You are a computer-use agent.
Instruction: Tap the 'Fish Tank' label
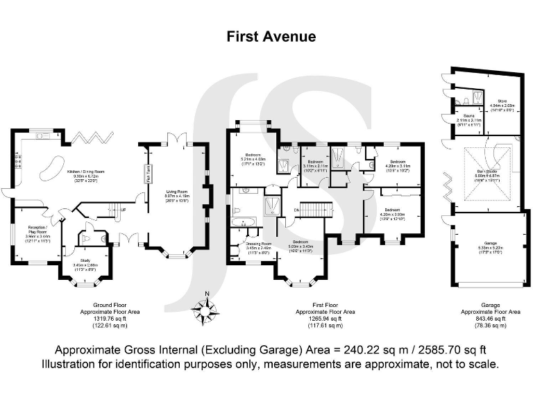click(148, 174)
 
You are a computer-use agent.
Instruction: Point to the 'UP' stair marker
click(124, 210)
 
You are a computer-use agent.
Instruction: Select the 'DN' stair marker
click(296, 210)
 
